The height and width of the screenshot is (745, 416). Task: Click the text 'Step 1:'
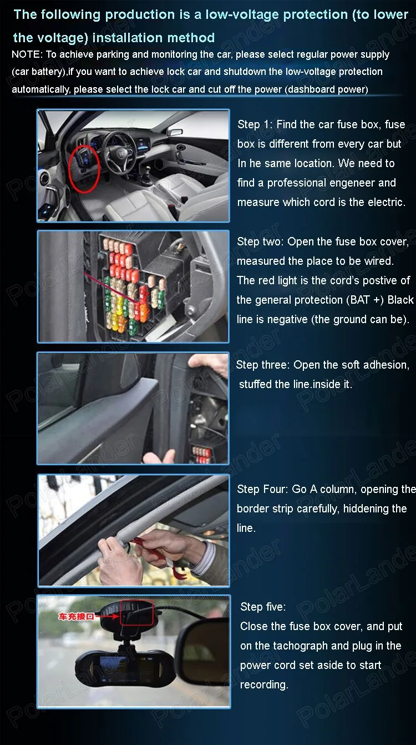[x=255, y=124]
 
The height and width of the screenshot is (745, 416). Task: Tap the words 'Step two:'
[x=261, y=241]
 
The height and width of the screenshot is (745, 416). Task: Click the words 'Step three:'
[x=263, y=365]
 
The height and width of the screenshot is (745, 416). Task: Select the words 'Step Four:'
[x=262, y=489]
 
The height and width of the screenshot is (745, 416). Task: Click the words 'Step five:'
[x=263, y=607]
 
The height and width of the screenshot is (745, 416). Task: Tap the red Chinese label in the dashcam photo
[x=76, y=616]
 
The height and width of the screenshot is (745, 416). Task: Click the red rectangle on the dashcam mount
[x=136, y=613]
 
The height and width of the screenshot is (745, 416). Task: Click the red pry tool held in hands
[x=156, y=554]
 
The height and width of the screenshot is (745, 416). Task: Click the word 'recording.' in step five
[x=264, y=684]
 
